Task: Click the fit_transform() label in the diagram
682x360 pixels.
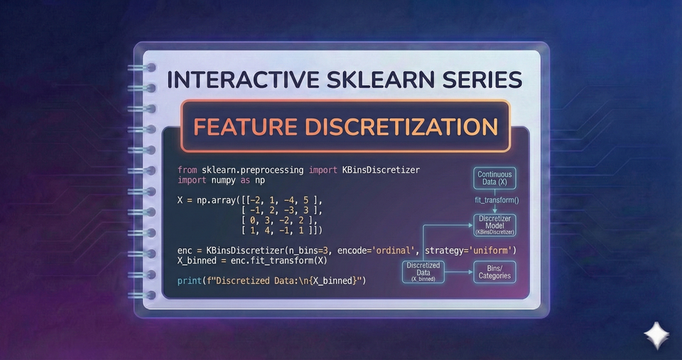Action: tap(497, 200)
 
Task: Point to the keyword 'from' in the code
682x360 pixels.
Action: tap(188, 170)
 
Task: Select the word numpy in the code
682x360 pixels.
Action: tap(222, 180)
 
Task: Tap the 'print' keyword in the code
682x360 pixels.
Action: tap(190, 281)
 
